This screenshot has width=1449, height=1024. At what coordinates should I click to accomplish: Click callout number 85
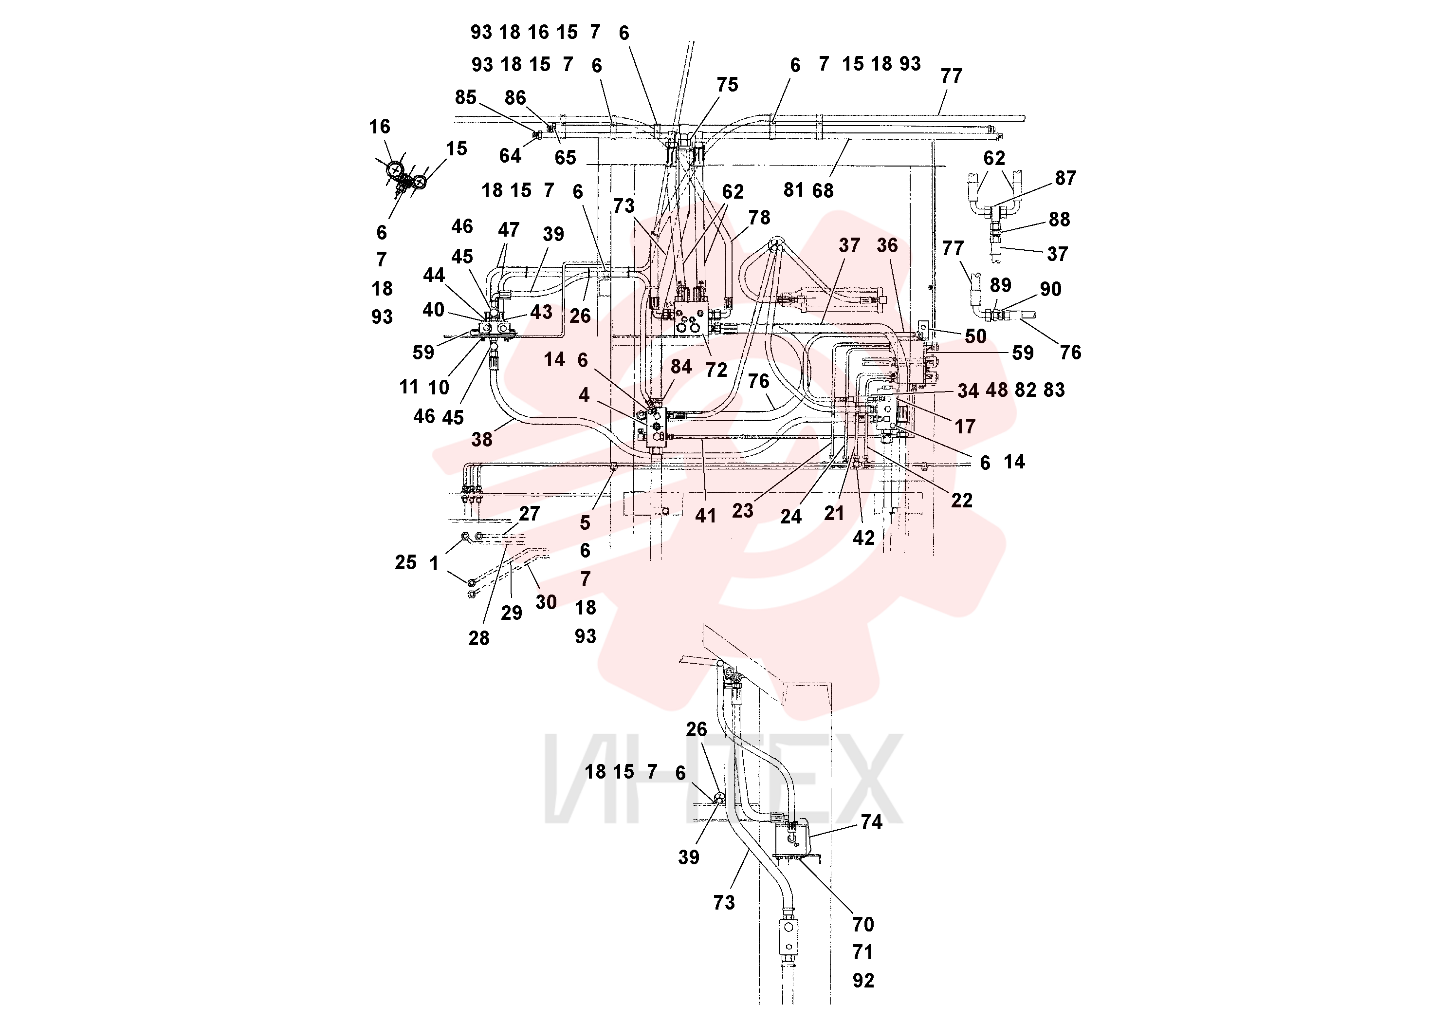pyautogui.click(x=465, y=97)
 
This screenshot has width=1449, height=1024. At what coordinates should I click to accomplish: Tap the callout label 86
pyautogui.click(x=515, y=98)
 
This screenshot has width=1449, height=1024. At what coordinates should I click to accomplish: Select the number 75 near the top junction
pyautogui.click(x=727, y=85)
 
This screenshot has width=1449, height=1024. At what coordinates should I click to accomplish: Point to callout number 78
pyautogui.click(x=759, y=218)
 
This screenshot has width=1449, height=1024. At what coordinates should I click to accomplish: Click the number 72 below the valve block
pyautogui.click(x=716, y=370)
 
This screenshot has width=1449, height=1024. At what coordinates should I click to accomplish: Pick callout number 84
pyautogui.click(x=681, y=367)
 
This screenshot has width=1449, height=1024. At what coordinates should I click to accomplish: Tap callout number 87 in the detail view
pyautogui.click(x=1065, y=179)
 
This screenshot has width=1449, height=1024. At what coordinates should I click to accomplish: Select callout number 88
pyautogui.click(x=1059, y=220)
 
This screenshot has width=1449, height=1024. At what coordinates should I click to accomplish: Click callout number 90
pyautogui.click(x=1050, y=289)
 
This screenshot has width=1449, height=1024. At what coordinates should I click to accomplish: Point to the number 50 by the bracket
pyautogui.click(x=975, y=336)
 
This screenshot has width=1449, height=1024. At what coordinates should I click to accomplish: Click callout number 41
pyautogui.click(x=706, y=516)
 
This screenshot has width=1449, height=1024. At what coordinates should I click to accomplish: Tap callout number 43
pyautogui.click(x=541, y=312)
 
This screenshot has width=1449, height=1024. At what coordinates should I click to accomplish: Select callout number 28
pyautogui.click(x=479, y=638)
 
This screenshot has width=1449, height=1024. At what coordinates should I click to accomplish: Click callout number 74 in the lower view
pyautogui.click(x=871, y=822)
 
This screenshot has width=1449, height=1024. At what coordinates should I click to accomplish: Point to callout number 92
pyautogui.click(x=863, y=981)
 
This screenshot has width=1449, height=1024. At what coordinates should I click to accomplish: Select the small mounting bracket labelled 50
pyautogui.click(x=923, y=328)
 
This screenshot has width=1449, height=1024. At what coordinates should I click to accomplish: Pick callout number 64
pyautogui.click(x=510, y=156)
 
